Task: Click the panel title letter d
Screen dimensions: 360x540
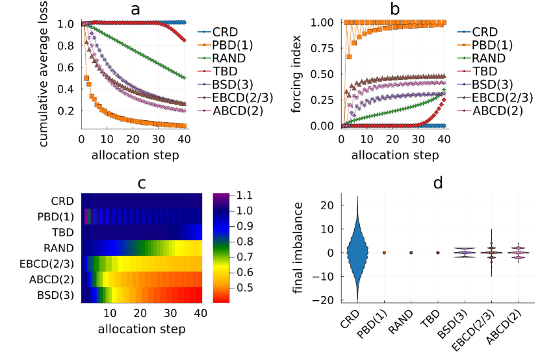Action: click(438, 183)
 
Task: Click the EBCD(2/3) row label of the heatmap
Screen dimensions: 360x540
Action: click(53, 263)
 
